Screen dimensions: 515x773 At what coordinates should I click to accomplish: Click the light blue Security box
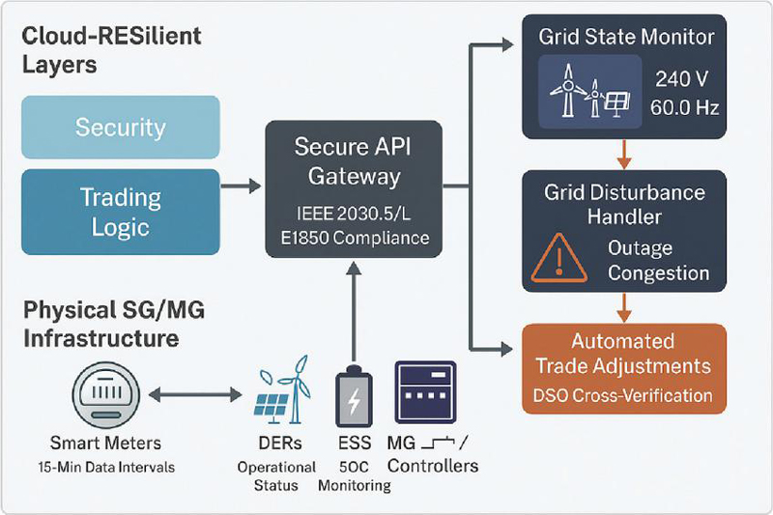121,127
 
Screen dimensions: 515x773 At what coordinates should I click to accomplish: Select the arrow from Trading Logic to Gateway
242,183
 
